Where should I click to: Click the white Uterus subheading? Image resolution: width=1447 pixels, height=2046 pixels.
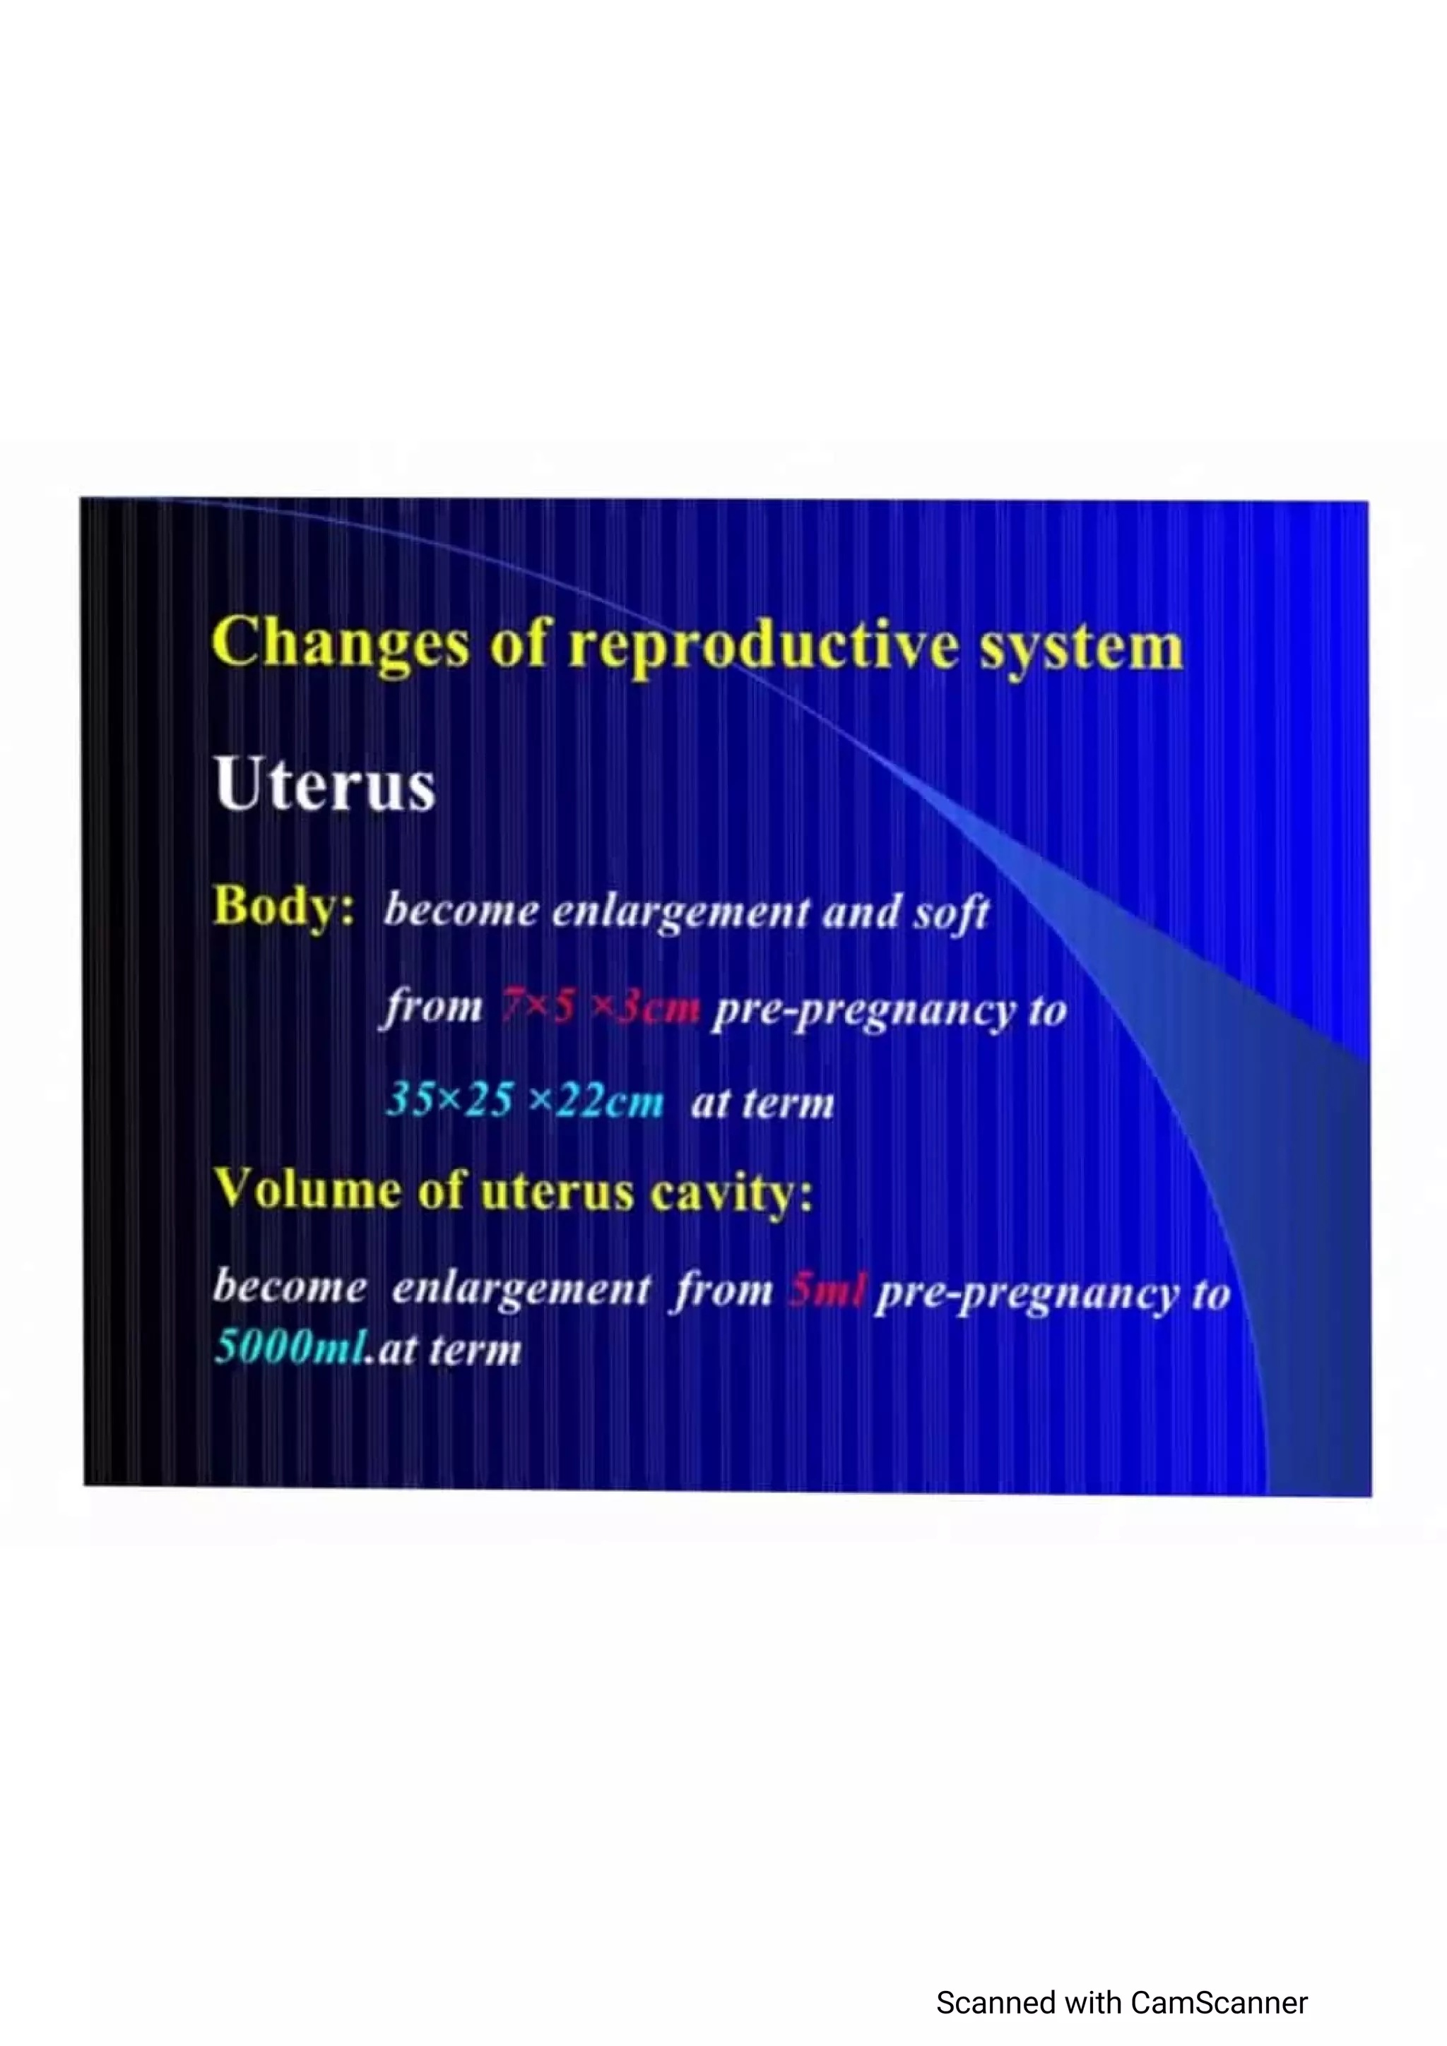pyautogui.click(x=324, y=785)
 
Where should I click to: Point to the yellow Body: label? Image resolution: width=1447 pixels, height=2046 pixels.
pyautogui.click(x=283, y=907)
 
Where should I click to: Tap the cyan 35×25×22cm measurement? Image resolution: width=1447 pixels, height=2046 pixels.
pyautogui.click(x=525, y=1101)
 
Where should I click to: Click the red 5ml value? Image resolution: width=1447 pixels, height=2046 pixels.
pyautogui.click(x=825, y=1289)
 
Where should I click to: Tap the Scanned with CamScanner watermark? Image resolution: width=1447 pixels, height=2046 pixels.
pyautogui.click(x=1121, y=2002)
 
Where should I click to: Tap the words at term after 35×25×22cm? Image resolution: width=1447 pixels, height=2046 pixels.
pyautogui.click(x=762, y=1103)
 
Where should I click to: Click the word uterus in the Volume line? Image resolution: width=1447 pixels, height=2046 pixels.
pyautogui.click(x=556, y=1192)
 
